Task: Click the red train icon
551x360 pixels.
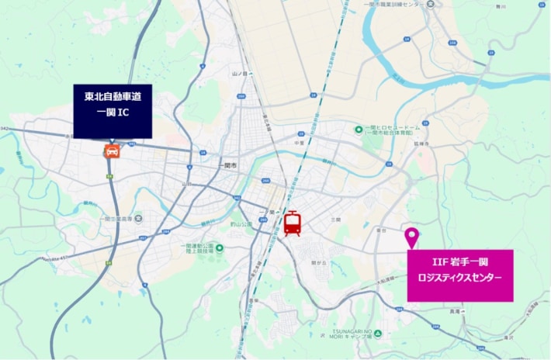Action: [292, 223]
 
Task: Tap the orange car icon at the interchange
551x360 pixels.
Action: [112, 151]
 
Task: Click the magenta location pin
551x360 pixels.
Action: [412, 237]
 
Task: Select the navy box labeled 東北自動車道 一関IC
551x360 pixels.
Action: [113, 112]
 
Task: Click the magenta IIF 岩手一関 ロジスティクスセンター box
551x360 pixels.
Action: [460, 275]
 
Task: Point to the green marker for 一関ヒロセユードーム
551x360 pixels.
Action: [359, 130]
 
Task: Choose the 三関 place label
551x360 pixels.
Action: [335, 220]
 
